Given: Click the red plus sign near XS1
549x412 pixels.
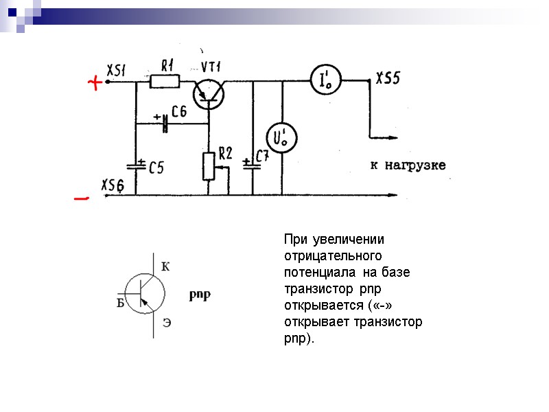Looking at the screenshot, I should click(95, 83).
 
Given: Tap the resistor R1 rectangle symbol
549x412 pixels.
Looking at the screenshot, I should click(164, 82).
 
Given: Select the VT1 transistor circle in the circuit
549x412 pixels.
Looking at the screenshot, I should click(208, 93).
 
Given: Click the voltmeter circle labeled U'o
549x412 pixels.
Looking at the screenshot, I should click(281, 138).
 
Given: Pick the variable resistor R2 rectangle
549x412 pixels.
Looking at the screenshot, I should click(209, 165).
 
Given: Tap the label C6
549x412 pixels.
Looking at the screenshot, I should click(179, 111).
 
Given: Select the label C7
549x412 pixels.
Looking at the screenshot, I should click(262, 157).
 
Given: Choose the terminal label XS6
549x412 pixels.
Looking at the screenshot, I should click(113, 185).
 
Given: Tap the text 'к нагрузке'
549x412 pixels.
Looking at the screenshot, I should click(408, 165).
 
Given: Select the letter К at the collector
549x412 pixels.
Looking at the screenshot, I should click(165, 266).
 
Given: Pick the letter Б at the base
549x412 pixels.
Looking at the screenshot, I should click(120, 303).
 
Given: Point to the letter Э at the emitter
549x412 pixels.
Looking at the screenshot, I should click(167, 322).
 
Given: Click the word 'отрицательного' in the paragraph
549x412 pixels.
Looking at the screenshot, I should click(333, 255).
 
